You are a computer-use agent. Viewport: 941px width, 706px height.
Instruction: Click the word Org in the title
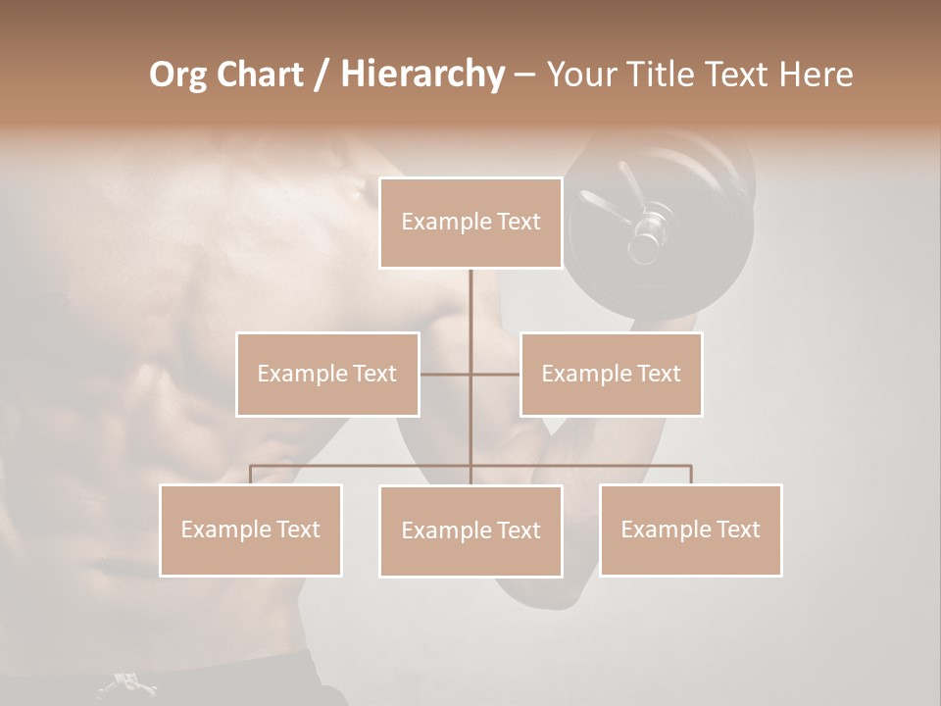(177, 75)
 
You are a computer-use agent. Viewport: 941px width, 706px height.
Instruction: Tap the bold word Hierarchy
(421, 75)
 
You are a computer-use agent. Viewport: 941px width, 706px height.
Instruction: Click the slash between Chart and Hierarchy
(322, 75)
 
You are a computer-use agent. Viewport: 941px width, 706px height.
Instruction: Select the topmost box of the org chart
(470, 223)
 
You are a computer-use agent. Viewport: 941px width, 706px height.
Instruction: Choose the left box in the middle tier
(327, 374)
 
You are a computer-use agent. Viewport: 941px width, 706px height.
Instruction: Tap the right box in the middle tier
(611, 374)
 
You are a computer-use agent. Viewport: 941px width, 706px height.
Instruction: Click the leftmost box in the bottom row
(251, 529)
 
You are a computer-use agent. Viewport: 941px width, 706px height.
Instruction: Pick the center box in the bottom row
(470, 530)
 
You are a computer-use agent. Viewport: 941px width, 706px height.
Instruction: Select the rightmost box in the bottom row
(690, 529)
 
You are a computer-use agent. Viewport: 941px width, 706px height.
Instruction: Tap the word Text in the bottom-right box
(736, 529)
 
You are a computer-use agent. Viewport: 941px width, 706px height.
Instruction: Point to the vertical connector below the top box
(470, 314)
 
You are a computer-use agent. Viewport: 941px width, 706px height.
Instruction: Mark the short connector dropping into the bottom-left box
(251, 475)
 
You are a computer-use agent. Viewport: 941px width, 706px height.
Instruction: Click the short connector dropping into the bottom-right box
(690, 475)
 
